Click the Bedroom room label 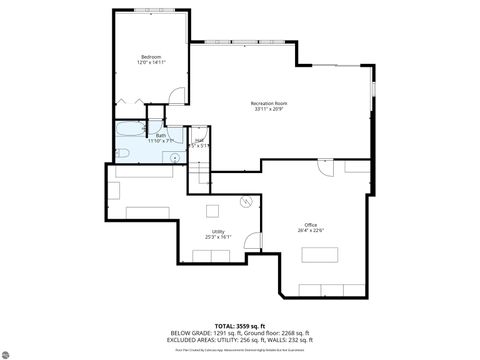click(151, 56)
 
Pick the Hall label click(199, 139)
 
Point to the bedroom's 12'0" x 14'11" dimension click(151, 63)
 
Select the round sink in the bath click(174, 157)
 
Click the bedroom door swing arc click(174, 96)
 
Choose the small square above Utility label click(212, 210)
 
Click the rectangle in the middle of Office click(321, 253)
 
